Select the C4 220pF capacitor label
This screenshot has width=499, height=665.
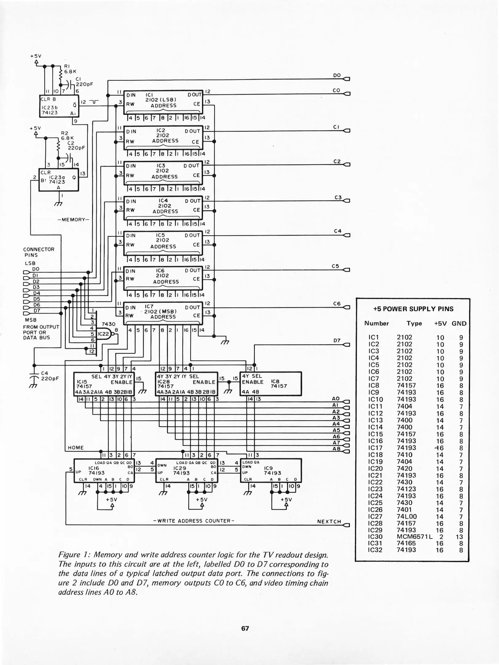coord(50,376)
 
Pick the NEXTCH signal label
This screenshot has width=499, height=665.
coord(329,522)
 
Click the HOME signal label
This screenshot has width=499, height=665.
coord(76,448)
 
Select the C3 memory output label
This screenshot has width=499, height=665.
coord(338,197)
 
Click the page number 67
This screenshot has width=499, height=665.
coord(245,628)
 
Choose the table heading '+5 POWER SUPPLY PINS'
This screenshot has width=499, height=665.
coord(413,309)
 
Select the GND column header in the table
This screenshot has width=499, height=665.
coord(459,324)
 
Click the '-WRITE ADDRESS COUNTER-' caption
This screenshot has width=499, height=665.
coord(194,521)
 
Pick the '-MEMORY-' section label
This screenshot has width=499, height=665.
coord(73,220)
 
